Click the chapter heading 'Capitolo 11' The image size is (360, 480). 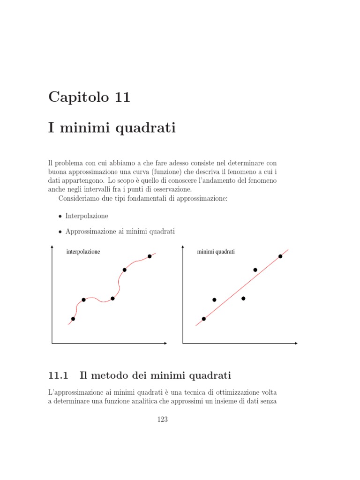(89, 97)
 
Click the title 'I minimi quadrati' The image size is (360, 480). (112, 127)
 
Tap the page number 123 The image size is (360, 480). (163, 420)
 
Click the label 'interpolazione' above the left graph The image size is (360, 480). (83, 252)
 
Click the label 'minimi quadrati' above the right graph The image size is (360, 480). (216, 252)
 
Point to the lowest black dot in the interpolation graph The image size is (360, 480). (73, 319)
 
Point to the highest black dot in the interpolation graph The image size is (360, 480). (150, 256)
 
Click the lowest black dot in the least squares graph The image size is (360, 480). (203, 319)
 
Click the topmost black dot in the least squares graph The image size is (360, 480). (280, 256)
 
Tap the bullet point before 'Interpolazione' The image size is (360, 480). (60, 217)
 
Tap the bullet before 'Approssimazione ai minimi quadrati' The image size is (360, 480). (60, 232)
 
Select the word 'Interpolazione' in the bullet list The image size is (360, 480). (87, 216)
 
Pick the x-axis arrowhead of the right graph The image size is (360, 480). (296, 344)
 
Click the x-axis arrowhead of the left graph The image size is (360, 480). (165, 344)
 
